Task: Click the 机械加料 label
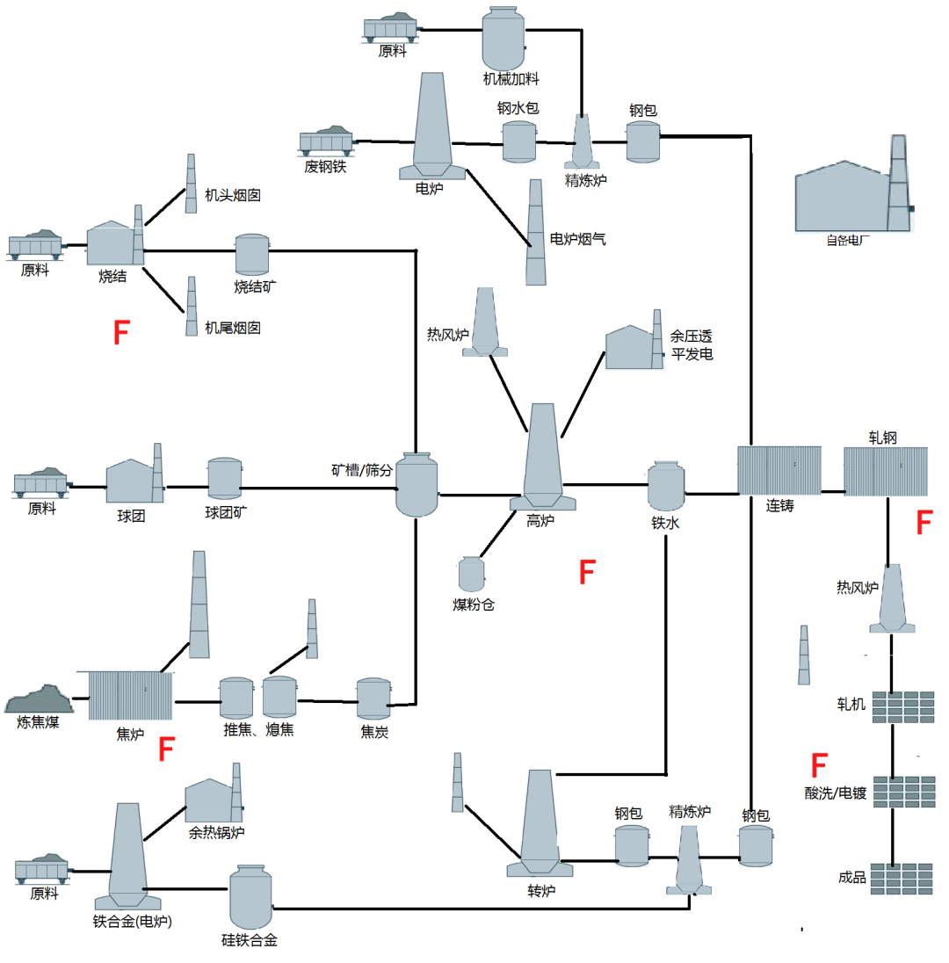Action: point(511,79)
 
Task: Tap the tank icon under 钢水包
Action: point(518,141)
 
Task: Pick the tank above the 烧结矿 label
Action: point(252,254)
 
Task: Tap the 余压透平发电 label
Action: point(692,345)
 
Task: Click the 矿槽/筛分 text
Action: point(356,469)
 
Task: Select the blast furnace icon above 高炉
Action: point(541,457)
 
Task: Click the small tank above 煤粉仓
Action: point(472,574)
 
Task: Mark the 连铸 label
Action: point(779,506)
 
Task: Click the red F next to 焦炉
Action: point(166,750)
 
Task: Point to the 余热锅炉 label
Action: point(216,832)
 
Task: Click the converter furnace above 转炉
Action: point(539,823)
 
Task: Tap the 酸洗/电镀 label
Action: point(836,794)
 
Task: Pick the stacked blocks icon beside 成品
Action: point(902,878)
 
